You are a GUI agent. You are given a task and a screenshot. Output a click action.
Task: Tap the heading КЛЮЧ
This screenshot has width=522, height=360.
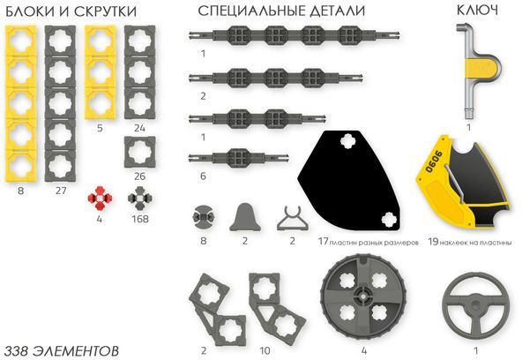(477, 11)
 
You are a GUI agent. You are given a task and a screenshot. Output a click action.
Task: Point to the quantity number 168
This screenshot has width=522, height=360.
(140, 218)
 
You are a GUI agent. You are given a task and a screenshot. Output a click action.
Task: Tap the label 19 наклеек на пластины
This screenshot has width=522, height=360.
(469, 240)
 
